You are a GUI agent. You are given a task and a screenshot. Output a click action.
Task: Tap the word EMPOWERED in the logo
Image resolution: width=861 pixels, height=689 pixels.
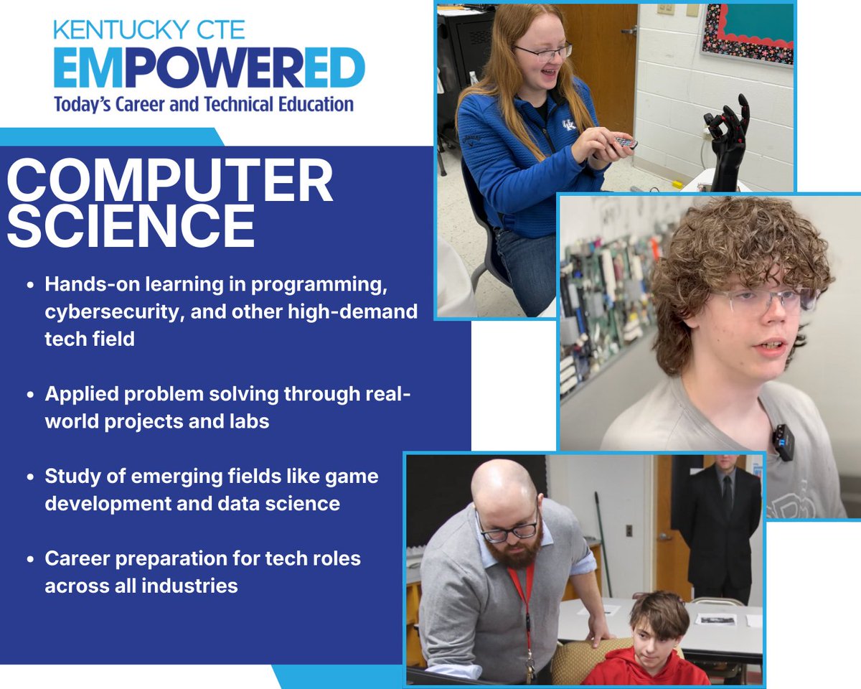209,69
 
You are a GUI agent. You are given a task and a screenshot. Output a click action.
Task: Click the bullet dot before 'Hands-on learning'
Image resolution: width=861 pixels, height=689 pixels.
30,285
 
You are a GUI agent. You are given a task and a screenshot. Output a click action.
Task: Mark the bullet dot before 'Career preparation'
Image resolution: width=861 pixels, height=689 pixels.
30,558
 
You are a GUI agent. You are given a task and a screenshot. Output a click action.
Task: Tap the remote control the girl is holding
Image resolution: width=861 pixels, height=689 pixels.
625,142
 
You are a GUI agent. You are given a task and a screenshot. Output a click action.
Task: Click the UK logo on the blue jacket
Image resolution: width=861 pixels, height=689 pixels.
569,125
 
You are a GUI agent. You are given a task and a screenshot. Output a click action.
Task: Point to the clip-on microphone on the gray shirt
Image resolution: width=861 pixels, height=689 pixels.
784,441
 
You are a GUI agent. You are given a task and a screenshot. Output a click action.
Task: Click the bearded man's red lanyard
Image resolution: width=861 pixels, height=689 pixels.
523,589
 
